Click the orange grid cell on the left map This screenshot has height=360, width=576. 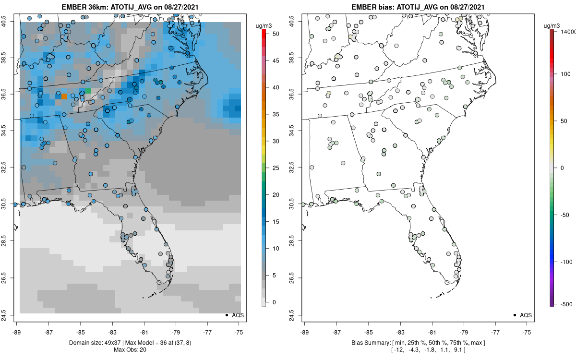pos(64,96)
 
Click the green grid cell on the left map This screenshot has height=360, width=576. pos(88,91)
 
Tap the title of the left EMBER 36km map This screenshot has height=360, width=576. pos(130,8)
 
